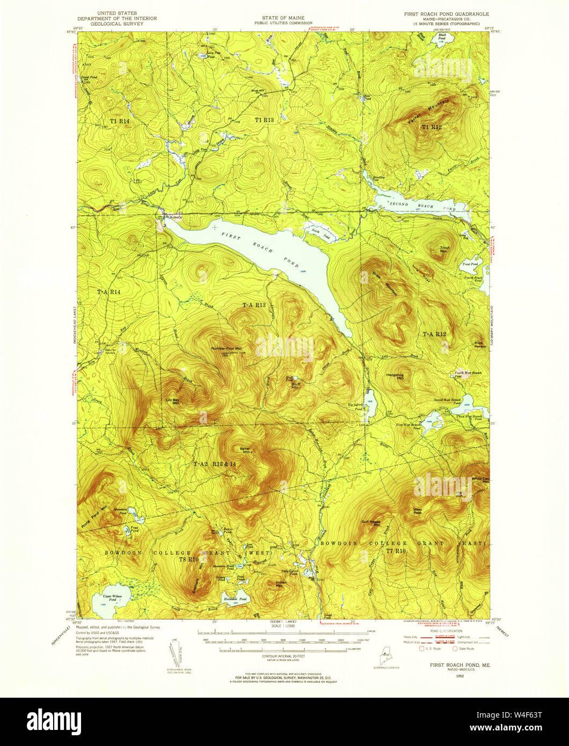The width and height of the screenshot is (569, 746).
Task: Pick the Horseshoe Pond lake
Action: [235, 600]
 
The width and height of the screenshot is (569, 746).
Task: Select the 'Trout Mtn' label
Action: [444, 249]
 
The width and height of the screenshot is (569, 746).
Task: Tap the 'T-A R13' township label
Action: [254, 305]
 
